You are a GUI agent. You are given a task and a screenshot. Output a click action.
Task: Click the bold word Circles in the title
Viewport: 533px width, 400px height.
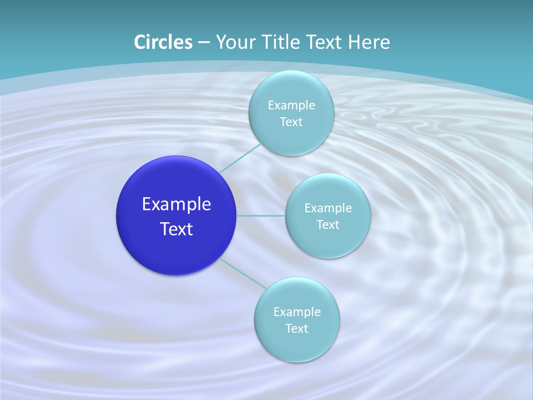[x=163, y=42]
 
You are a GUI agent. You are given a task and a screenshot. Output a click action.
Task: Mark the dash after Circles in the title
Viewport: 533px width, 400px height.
[x=204, y=43]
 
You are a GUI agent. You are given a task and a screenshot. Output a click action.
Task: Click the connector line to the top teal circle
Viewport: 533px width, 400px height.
[x=240, y=158]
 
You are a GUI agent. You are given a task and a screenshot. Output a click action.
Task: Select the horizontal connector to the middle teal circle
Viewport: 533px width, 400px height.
[x=261, y=216]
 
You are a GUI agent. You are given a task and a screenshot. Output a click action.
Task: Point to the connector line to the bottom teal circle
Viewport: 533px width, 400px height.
[x=243, y=274]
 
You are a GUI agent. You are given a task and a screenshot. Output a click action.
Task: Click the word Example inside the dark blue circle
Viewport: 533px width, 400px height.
[x=176, y=204]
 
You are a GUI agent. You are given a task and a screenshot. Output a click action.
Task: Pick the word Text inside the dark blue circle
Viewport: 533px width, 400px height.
[x=176, y=229]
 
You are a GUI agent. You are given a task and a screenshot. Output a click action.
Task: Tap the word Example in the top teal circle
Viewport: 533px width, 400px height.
[x=291, y=106]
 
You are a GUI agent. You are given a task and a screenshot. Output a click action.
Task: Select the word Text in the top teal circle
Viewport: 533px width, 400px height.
[x=291, y=122]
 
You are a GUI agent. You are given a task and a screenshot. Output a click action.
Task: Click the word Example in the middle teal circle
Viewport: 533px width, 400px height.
[x=328, y=208]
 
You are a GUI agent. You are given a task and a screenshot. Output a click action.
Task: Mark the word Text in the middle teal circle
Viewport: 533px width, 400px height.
[x=328, y=225]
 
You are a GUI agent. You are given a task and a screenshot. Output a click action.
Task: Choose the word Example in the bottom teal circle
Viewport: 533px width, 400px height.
[x=296, y=312]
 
